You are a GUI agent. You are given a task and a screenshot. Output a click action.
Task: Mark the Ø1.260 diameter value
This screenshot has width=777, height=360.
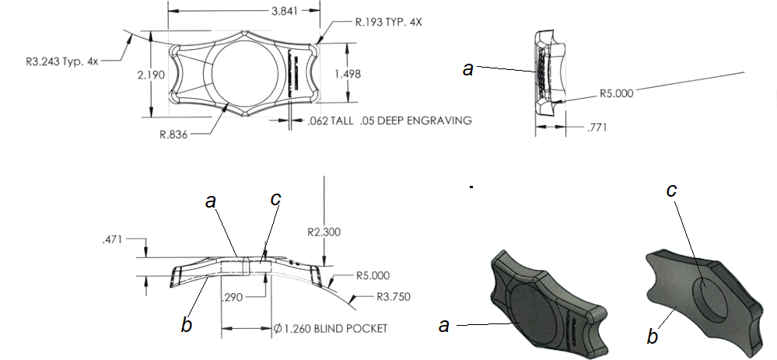click(x=292, y=328)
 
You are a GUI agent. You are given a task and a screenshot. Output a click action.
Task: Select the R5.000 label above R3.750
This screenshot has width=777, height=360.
click(x=373, y=275)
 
